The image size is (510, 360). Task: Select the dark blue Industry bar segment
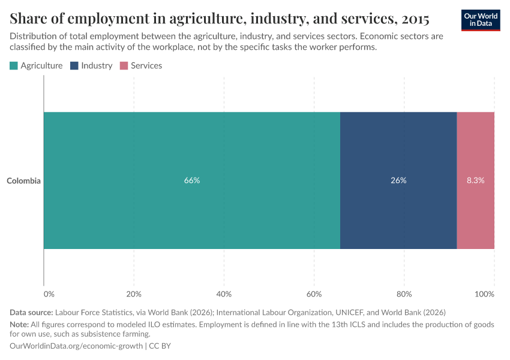coord(398,150)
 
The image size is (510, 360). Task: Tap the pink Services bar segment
coord(476,150)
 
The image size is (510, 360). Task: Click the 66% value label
coord(192,181)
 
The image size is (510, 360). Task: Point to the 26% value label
coord(398,181)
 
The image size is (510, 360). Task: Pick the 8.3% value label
coord(476,181)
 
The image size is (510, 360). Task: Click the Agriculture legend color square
coord(14,66)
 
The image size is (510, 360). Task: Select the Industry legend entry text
coord(97,66)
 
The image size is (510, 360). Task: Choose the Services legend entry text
coord(146,66)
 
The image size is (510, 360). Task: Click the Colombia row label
coord(24,181)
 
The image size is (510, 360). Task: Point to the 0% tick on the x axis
coord(49,294)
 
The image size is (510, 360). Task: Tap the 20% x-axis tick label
coord(134,294)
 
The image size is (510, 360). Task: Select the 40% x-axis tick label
coord(224,294)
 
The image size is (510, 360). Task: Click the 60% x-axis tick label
coord(314,294)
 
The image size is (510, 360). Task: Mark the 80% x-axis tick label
coord(404,294)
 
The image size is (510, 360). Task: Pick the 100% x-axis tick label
coord(484,294)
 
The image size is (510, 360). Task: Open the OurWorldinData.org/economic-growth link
coord(76,346)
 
